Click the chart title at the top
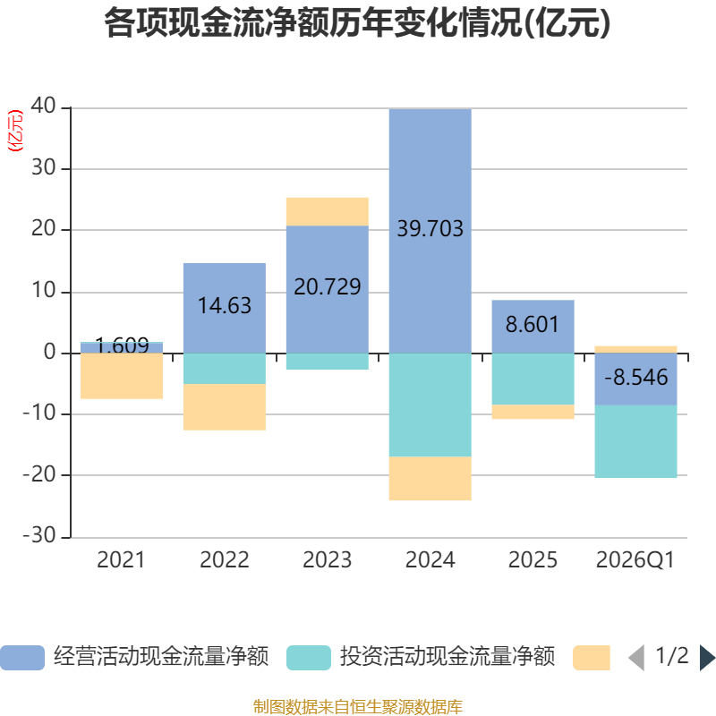[x=357, y=23]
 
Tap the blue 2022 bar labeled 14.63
[x=224, y=306]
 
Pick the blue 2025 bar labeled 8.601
[x=533, y=325]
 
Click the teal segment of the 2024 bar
[x=430, y=405]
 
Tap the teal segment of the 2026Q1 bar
[x=635, y=442]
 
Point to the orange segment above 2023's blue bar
[x=327, y=211]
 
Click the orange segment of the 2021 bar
[x=121, y=376]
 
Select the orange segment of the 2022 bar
[x=224, y=407]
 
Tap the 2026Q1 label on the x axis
[x=635, y=560]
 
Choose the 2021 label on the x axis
[x=121, y=560]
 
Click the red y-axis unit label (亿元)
[x=15, y=131]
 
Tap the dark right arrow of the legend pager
[x=707, y=658]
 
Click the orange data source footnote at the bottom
[x=357, y=707]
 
